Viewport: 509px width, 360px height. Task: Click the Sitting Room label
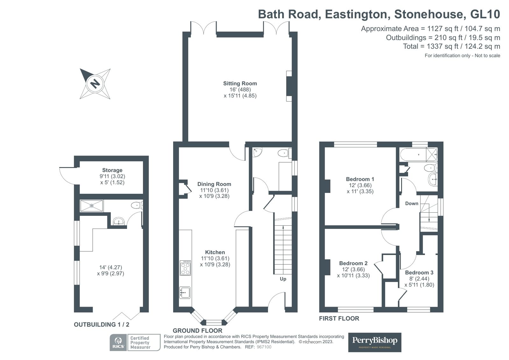240,83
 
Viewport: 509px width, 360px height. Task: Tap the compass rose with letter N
95,84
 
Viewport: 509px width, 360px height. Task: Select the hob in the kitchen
185,268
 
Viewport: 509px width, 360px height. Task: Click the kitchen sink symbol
185,292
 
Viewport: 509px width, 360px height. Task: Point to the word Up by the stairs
283,279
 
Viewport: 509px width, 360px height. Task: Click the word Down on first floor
411,203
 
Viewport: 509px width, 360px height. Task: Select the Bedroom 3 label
419,272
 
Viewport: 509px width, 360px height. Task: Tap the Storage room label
112,170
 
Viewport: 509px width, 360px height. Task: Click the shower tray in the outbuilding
91,206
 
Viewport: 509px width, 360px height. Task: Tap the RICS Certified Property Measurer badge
135,342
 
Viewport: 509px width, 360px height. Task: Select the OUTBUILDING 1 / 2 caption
102,325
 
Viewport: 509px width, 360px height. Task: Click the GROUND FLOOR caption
197,331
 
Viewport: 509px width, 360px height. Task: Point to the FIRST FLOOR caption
339,318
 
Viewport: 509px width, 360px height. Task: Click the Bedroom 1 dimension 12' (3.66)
360,185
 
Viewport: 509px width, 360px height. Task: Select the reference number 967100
264,347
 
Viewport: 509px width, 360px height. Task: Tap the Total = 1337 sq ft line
451,46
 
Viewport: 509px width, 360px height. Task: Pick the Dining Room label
214,184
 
